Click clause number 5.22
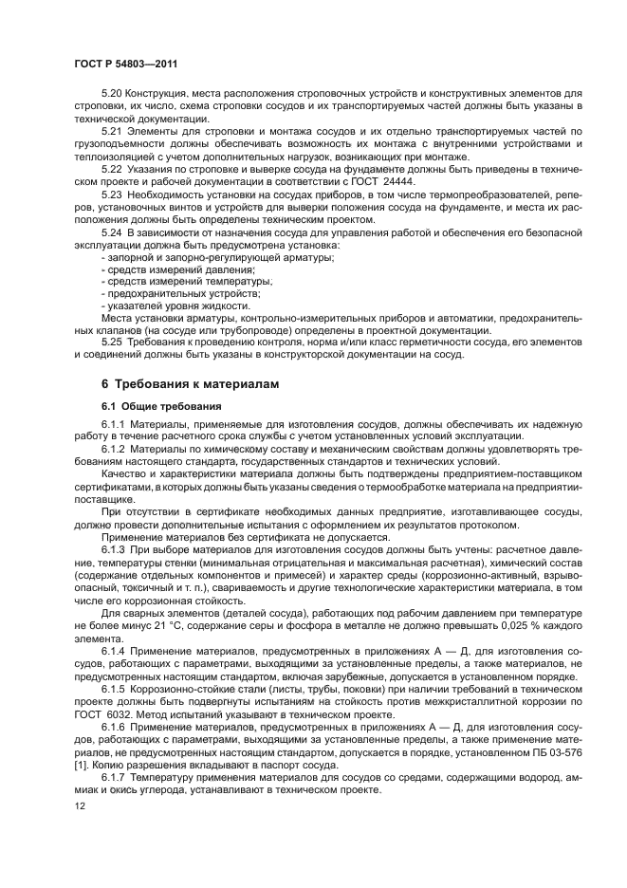(112, 168)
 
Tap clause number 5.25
(112, 342)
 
